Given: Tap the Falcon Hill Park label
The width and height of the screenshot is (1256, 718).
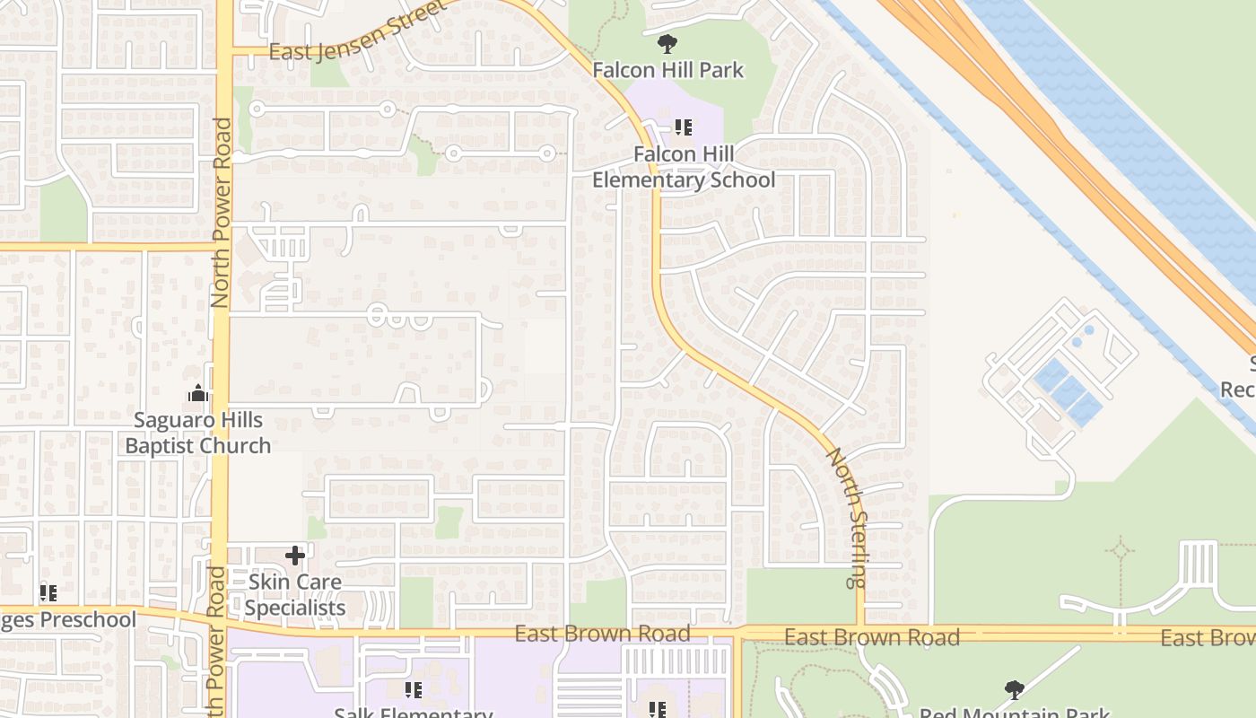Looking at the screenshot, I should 668,69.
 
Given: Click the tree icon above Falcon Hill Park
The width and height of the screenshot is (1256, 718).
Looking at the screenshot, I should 667,43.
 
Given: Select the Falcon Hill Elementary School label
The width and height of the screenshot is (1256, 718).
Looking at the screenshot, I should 684,167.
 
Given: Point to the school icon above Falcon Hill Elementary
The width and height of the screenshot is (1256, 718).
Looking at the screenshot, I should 684,127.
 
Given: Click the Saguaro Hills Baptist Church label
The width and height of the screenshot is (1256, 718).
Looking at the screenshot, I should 197,433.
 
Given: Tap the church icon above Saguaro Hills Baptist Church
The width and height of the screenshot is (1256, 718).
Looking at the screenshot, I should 197,393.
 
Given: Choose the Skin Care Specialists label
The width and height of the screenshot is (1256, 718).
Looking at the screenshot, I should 295,595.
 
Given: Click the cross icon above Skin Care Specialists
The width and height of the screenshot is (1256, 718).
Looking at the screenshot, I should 295,556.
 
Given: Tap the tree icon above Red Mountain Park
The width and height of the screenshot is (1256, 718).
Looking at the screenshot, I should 1015,689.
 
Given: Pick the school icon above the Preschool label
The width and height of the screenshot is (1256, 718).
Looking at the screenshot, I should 48,592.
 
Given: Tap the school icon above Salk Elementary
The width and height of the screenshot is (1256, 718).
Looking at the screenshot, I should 413,689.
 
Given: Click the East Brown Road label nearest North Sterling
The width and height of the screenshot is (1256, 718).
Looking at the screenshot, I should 872,637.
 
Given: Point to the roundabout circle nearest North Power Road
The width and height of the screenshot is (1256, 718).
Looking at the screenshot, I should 257,109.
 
